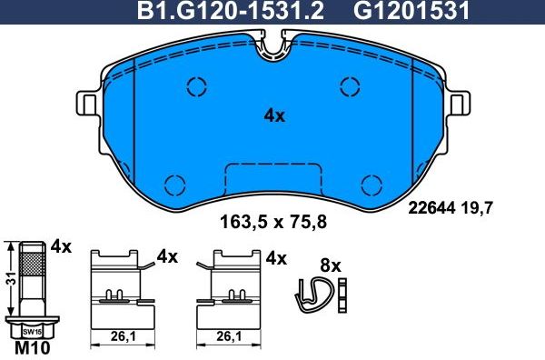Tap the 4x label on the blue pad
[274, 115]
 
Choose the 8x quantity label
[331, 266]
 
